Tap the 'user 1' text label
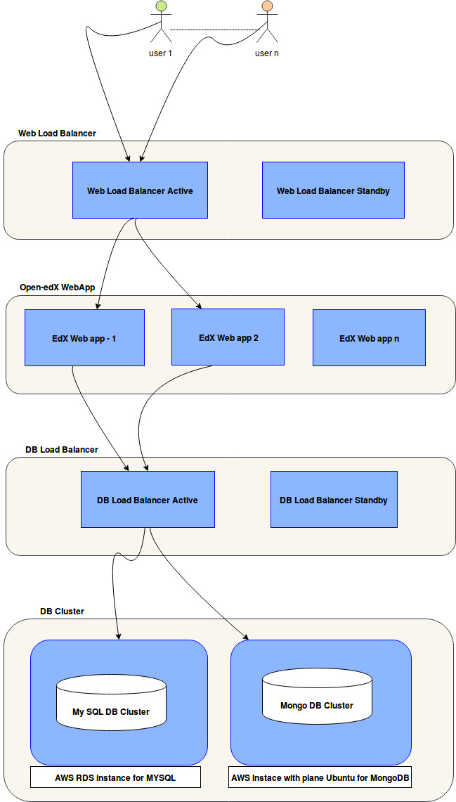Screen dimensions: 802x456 tap(161, 53)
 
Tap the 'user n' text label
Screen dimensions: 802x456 tap(267, 53)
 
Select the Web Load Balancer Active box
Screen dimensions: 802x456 tap(140, 190)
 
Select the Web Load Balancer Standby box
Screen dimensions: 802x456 tap(333, 190)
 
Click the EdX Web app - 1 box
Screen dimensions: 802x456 tap(84, 338)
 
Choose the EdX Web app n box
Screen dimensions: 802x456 tap(369, 338)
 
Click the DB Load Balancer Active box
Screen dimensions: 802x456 tap(148, 500)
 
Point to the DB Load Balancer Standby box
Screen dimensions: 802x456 tap(334, 500)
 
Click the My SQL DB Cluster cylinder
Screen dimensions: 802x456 tap(111, 703)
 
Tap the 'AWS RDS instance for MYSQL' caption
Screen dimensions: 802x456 tap(115, 777)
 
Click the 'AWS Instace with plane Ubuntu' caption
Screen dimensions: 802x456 tap(320, 777)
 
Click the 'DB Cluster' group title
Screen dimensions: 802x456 tap(62, 611)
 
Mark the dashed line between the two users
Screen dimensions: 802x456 tap(214, 30)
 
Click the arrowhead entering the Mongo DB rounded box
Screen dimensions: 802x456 tap(247, 637)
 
